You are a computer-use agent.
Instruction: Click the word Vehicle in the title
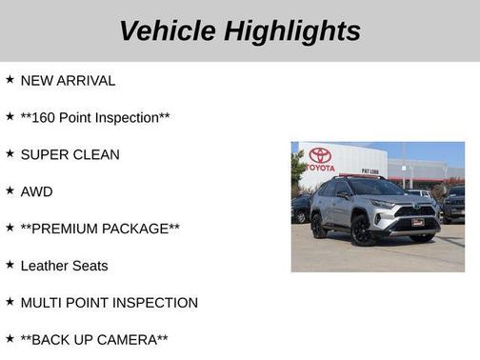[x=167, y=30]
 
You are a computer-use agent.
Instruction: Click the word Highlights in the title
[x=291, y=30]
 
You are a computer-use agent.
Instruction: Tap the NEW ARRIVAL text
[x=68, y=81]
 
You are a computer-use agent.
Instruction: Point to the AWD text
[x=36, y=191]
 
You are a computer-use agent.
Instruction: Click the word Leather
[x=44, y=266]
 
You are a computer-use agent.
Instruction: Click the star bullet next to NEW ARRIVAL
[x=10, y=80]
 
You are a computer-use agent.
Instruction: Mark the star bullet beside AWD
[x=10, y=190]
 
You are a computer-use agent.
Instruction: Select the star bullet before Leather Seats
[x=10, y=265]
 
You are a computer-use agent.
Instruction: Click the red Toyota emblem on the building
[x=321, y=154]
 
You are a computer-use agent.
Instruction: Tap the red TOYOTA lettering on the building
[x=321, y=168]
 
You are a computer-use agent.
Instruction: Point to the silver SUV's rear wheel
[x=319, y=227]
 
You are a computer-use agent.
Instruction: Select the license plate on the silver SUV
[x=417, y=223]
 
